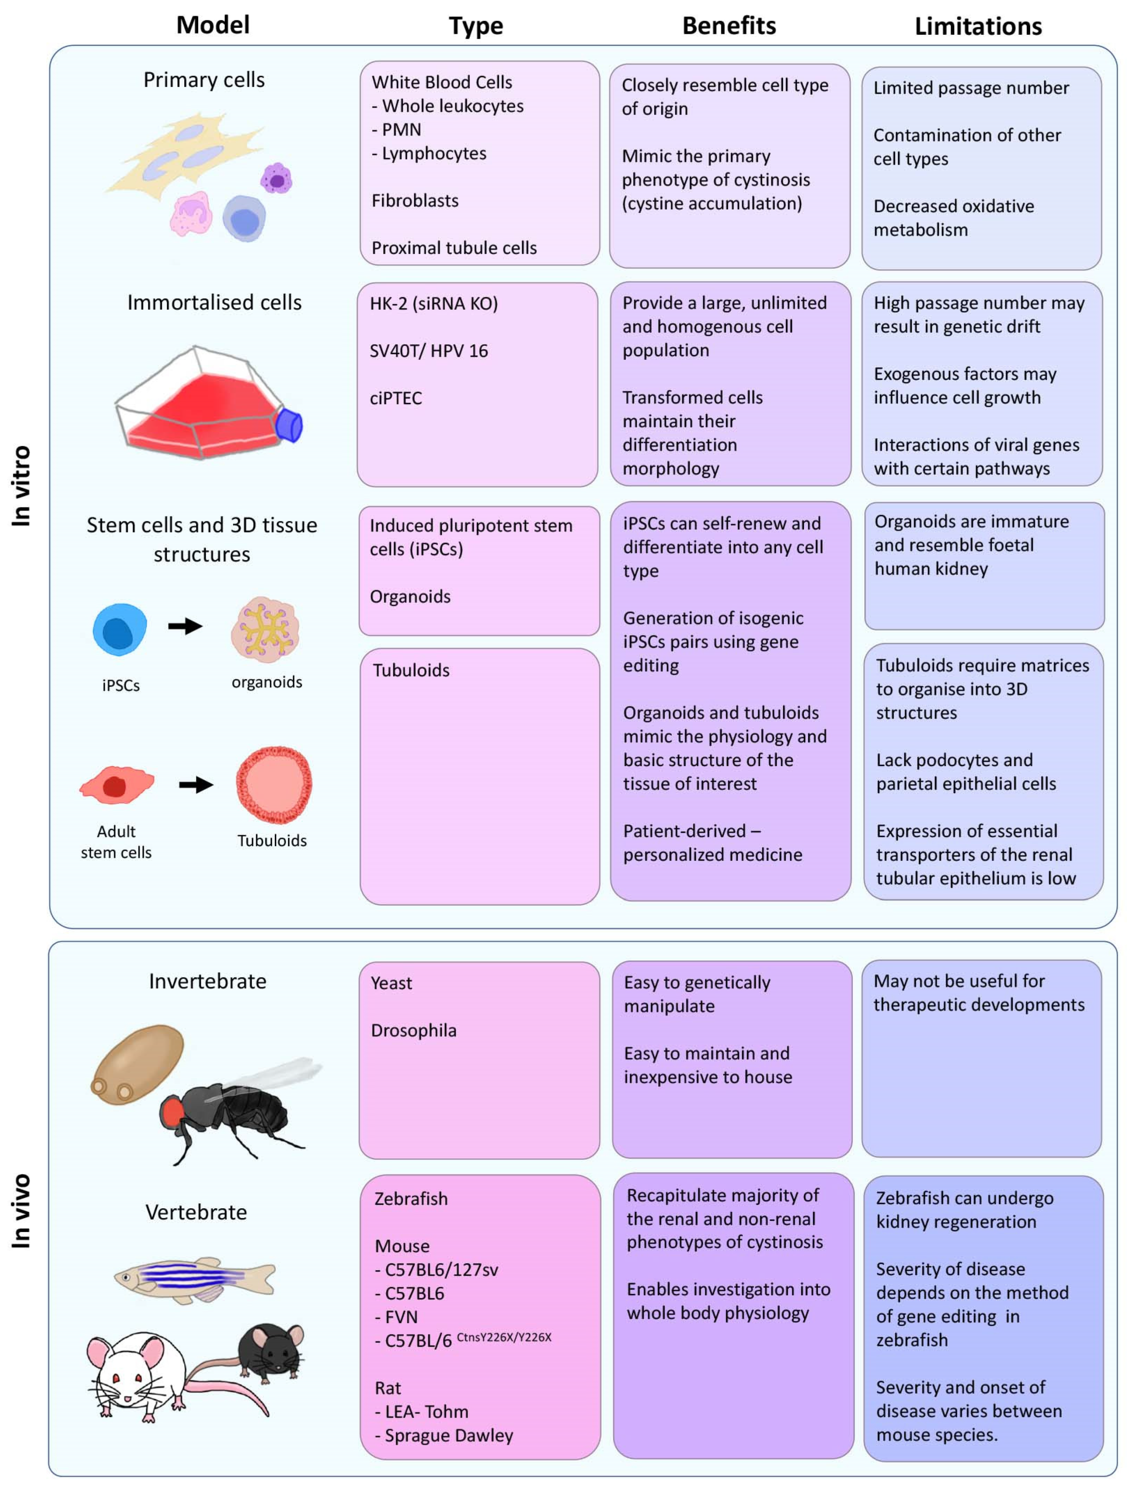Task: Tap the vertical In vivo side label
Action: [x=22, y=1211]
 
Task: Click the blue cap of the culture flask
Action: [x=290, y=425]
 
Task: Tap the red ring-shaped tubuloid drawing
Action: [x=274, y=784]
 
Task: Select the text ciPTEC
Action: [x=396, y=398]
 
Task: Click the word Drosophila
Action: [x=413, y=1030]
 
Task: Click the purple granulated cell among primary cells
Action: [x=276, y=179]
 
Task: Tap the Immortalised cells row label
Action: [x=214, y=303]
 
